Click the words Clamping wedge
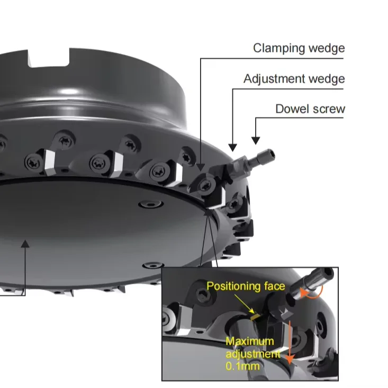(x=299, y=49)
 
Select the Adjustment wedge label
(x=294, y=79)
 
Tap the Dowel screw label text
(x=310, y=110)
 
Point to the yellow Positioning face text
(x=246, y=286)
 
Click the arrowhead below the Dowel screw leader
(x=256, y=141)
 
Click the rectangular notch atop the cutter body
(x=50, y=57)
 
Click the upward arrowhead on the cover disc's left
(x=24, y=243)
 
